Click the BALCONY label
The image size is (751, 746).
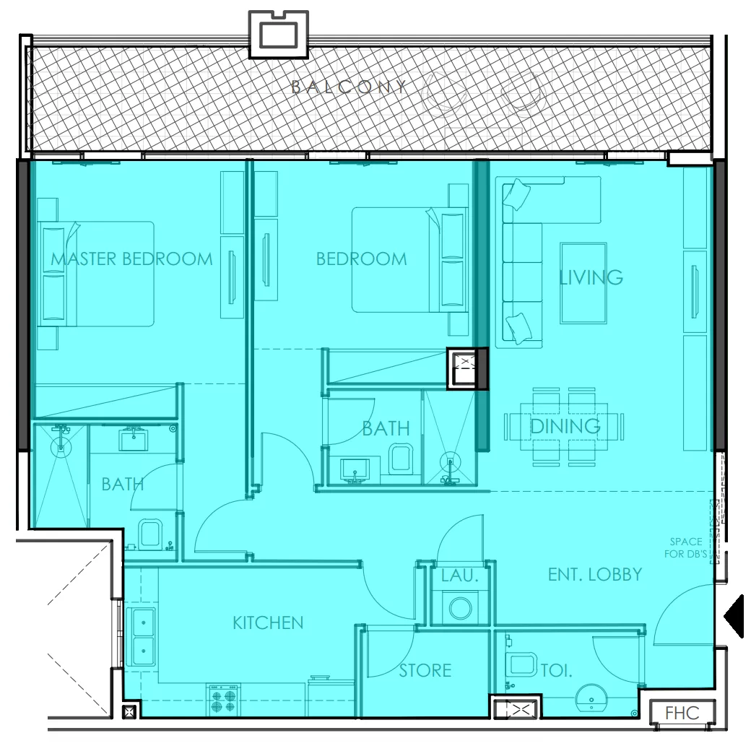(x=350, y=87)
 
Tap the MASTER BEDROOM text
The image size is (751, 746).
(x=131, y=259)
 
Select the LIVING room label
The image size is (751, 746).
(x=591, y=277)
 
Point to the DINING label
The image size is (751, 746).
(x=565, y=426)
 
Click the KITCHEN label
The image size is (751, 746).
(x=268, y=623)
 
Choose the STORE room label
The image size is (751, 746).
(x=425, y=670)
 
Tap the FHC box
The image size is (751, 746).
(x=682, y=713)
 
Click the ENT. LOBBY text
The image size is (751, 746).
(x=595, y=574)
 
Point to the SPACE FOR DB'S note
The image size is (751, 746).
(x=686, y=547)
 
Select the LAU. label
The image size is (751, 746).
(x=460, y=576)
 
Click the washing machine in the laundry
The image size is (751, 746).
(x=461, y=608)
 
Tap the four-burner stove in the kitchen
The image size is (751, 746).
(x=224, y=700)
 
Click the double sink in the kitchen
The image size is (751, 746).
(x=141, y=637)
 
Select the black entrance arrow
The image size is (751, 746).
(x=734, y=616)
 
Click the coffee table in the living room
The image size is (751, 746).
(x=583, y=283)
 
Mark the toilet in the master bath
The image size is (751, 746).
(x=150, y=534)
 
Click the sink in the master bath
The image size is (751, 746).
(x=134, y=438)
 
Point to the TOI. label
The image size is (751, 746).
(x=557, y=670)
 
